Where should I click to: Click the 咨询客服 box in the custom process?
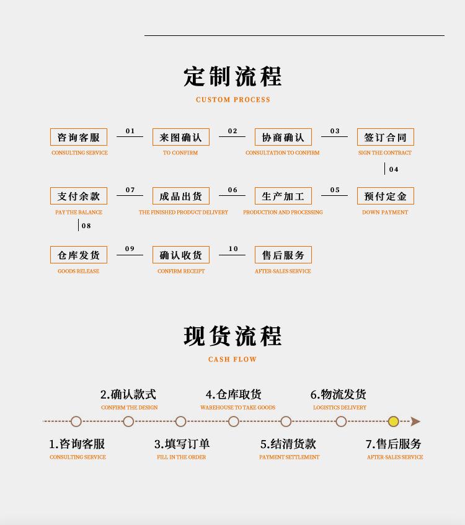tap(79, 137)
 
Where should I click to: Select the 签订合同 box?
tap(385, 137)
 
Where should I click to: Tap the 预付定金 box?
tap(385, 196)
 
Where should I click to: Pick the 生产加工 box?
tap(283, 196)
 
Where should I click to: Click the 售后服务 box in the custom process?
tap(283, 255)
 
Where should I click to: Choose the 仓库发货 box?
tap(79, 255)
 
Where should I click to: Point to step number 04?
tap(394, 169)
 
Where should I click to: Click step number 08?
tap(86, 226)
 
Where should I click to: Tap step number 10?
tap(233, 249)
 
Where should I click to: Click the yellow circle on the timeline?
tap(393, 421)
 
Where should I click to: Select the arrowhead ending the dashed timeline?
tap(415, 421)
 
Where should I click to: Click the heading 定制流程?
tap(232, 77)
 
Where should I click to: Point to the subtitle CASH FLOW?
tap(232, 360)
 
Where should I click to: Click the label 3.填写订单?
tap(182, 444)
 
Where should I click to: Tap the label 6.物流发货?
tap(339, 394)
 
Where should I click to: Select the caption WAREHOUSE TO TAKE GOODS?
tap(237, 408)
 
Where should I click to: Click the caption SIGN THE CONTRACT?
tap(384, 153)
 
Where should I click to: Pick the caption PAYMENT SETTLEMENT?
tap(289, 457)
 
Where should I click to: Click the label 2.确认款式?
tap(128, 394)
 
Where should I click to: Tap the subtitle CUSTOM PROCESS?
tap(233, 100)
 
